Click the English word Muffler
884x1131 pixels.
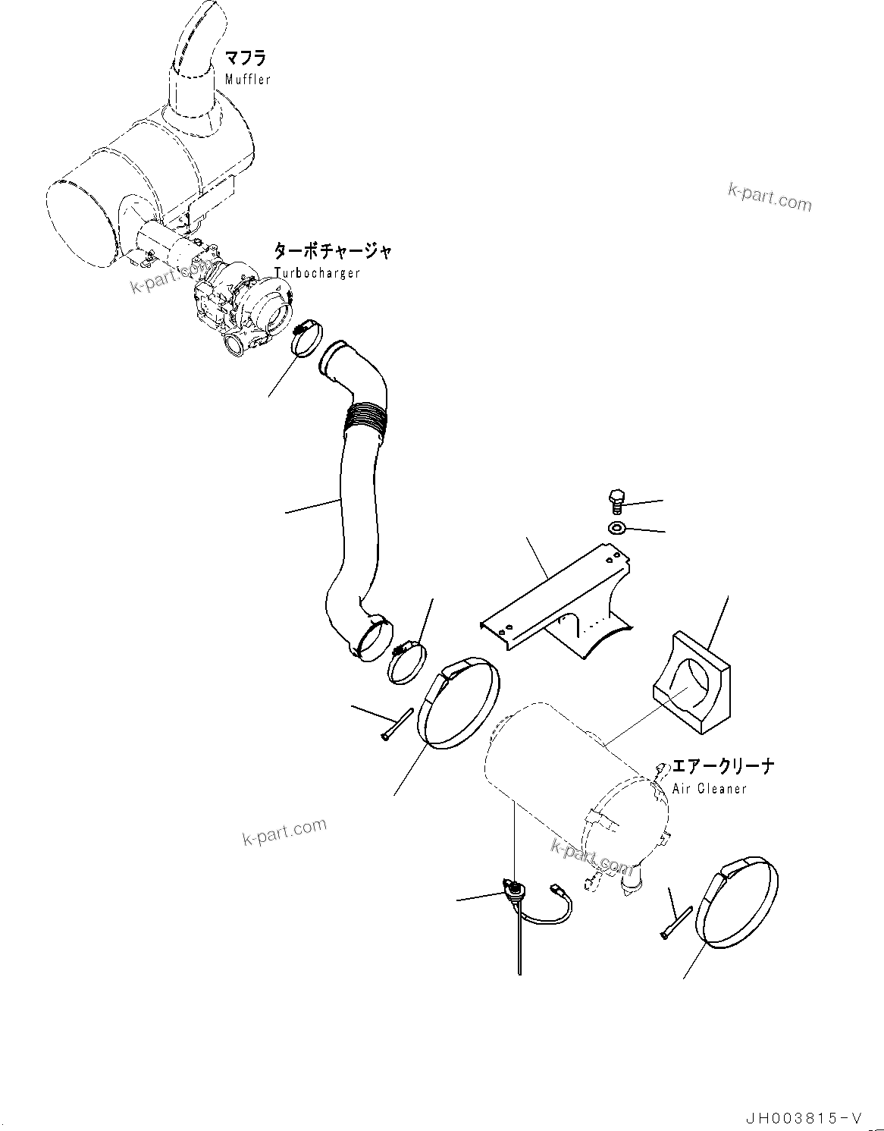[x=247, y=80]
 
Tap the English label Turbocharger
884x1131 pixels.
[x=317, y=273]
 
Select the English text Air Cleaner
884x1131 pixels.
[x=710, y=789]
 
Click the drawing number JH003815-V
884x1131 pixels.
[x=803, y=1118]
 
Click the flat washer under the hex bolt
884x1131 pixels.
[x=616, y=527]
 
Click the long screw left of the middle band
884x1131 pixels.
[x=397, y=725]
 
